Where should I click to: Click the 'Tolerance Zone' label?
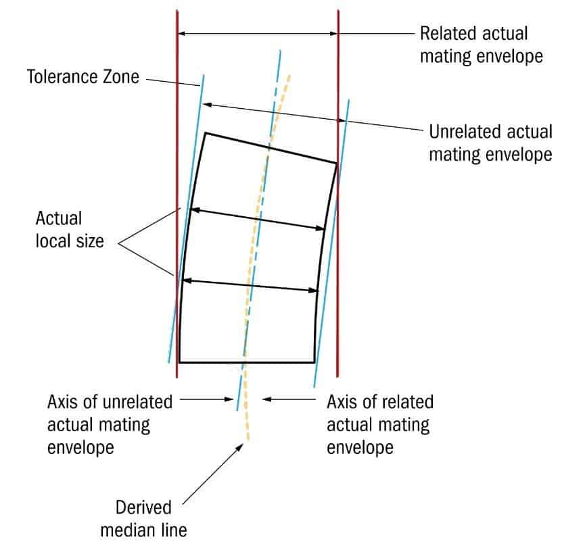[83, 76]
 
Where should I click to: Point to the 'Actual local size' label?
[70, 229]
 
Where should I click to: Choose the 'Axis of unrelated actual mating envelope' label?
[109, 424]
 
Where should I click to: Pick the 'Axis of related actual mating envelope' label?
[380, 424]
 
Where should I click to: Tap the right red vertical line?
[337, 203]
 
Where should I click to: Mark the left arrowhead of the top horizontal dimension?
[181, 32]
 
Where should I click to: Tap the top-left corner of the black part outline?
[205, 133]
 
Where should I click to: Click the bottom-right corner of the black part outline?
[314, 362]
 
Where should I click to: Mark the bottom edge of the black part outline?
[247, 362]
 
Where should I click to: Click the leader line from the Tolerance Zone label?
[173, 80]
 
